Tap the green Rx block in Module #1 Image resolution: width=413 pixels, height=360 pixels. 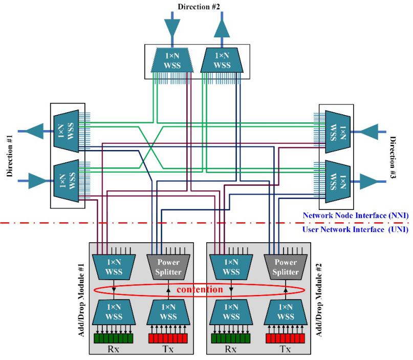[113, 338]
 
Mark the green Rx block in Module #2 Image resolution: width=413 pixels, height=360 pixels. [230, 338]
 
